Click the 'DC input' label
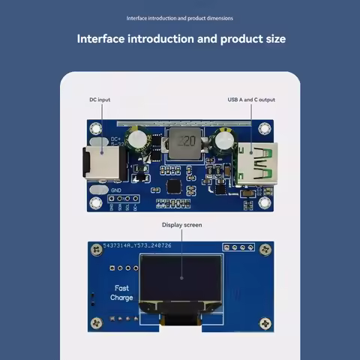pyautogui.click(x=100, y=100)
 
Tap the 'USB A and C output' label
pyautogui.click(x=251, y=100)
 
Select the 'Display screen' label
pyautogui.click(x=182, y=224)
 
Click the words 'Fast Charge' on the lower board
pyautogui.click(x=121, y=292)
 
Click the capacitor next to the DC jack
pyautogui.click(x=136, y=138)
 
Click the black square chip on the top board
pyautogui.click(x=173, y=185)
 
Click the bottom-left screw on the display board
pyautogui.click(x=96, y=323)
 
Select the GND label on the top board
pyautogui.click(x=116, y=190)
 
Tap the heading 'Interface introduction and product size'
pyautogui.click(x=180, y=38)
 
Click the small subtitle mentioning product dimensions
pyautogui.click(x=180, y=18)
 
